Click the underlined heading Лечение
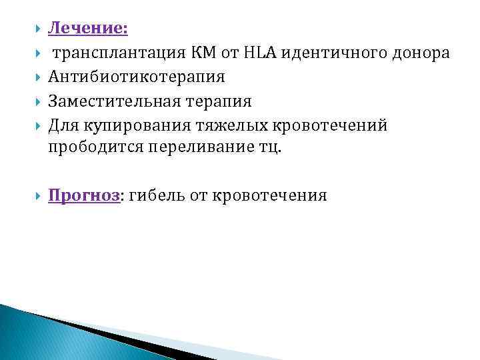[x=89, y=28]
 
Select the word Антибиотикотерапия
[x=136, y=77]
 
